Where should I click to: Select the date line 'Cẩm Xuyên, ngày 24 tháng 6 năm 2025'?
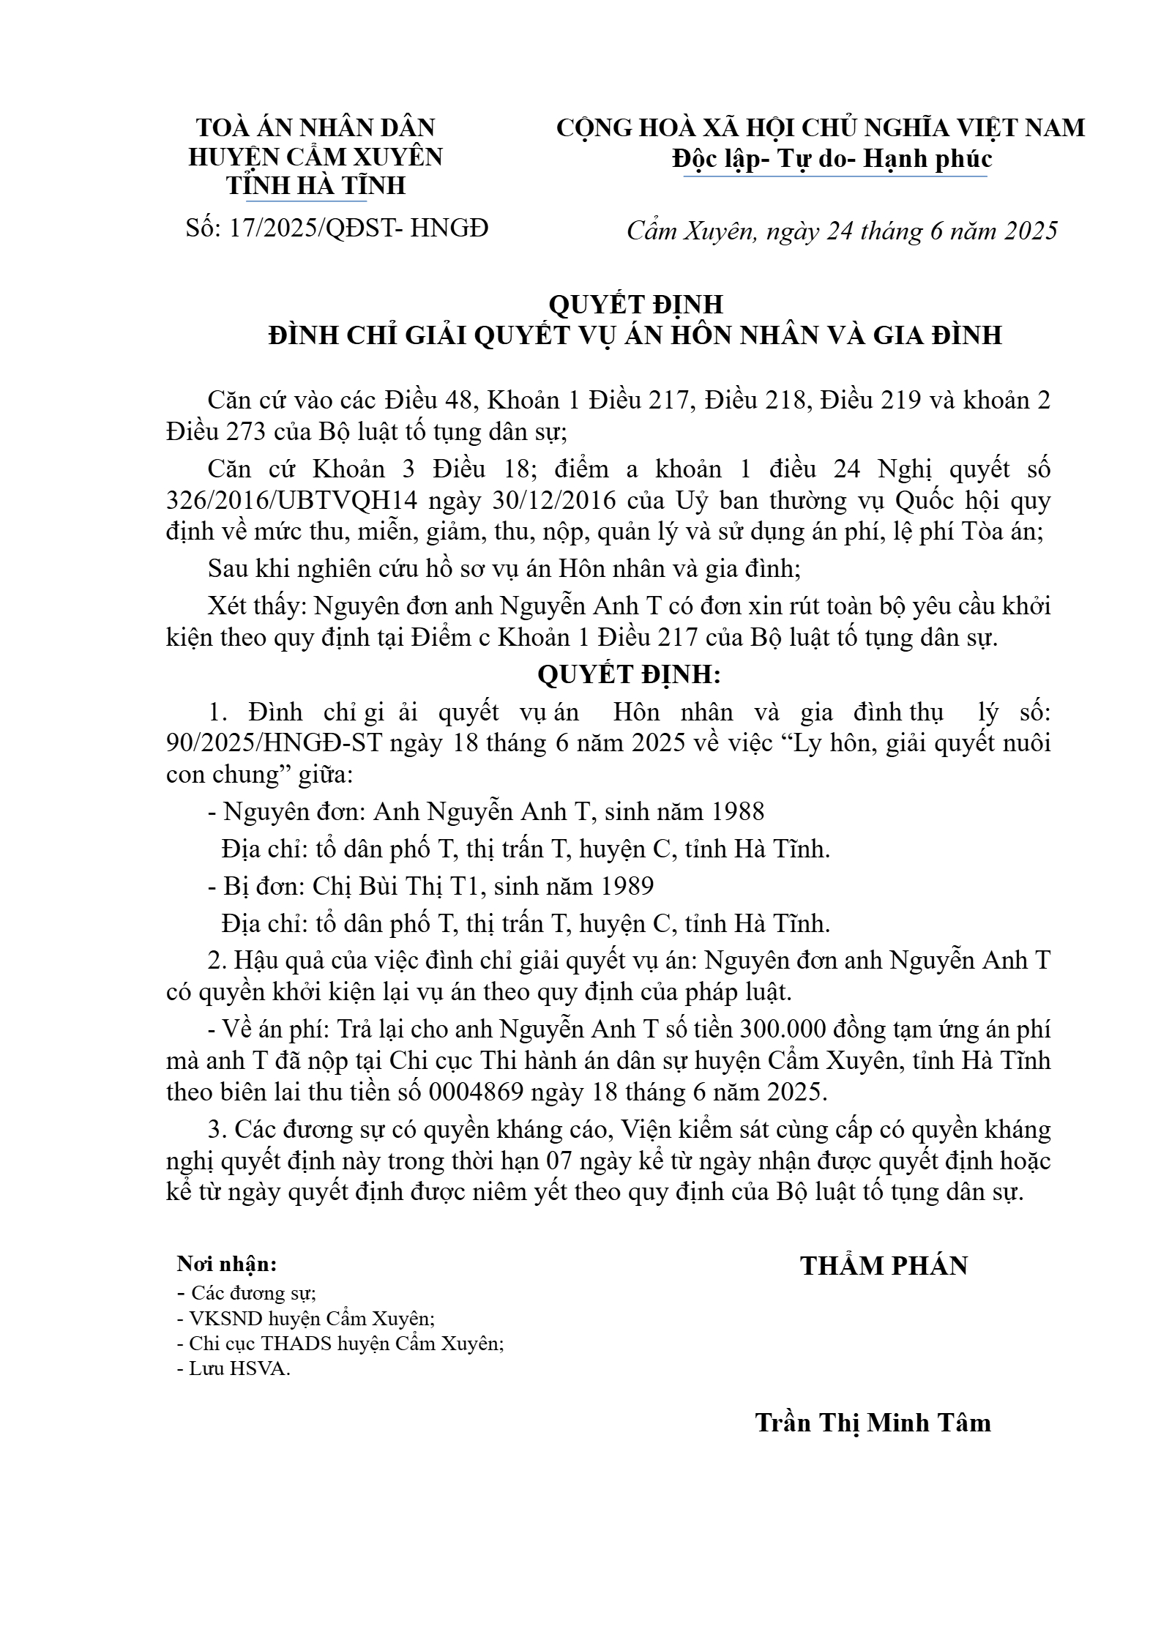(842, 231)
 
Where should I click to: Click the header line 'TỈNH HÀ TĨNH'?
(316, 185)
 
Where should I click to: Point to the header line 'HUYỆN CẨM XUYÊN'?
(316, 157)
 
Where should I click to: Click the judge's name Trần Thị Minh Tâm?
(873, 1422)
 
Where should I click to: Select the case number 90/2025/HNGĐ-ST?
(275, 743)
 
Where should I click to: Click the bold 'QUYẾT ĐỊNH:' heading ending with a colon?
(629, 674)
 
